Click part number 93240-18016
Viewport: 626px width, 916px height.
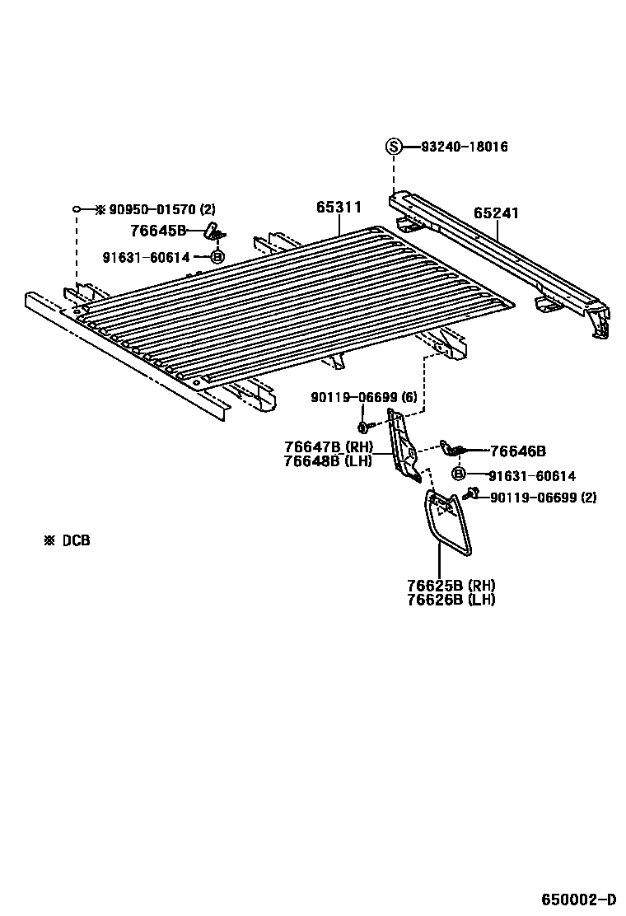click(465, 147)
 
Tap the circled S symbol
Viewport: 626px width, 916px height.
click(395, 147)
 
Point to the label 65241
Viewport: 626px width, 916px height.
click(496, 213)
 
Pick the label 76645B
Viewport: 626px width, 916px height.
click(159, 231)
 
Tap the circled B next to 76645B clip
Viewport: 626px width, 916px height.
click(217, 257)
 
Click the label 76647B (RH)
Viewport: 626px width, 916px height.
click(329, 446)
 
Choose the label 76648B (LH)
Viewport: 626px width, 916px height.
click(329, 460)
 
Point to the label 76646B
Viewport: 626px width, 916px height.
click(517, 451)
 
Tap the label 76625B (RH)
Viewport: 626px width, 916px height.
click(451, 586)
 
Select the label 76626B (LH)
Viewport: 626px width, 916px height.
click(451, 600)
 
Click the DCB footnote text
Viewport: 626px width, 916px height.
click(68, 541)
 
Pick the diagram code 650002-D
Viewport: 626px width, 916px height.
click(578, 899)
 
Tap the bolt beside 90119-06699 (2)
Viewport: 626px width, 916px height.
click(473, 493)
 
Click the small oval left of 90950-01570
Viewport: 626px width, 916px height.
click(76, 209)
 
